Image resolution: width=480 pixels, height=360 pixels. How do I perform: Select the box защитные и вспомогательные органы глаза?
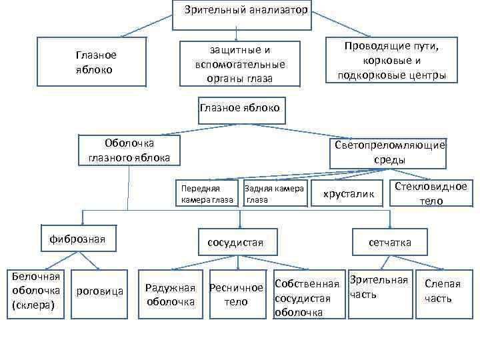(x=239, y=64)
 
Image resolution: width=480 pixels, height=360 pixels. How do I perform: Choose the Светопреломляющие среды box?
(x=390, y=153)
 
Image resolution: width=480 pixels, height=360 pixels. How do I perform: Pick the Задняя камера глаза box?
(x=274, y=194)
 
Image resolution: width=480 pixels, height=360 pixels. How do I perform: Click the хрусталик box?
(x=347, y=194)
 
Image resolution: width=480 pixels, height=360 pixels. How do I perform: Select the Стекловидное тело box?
(x=431, y=193)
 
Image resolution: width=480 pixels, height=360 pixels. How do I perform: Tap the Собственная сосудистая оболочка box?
(x=308, y=295)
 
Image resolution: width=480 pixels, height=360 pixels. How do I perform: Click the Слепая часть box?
(x=442, y=290)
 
